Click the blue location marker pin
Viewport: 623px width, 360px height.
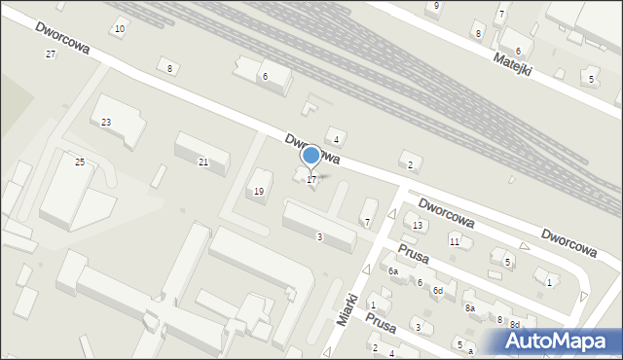311,156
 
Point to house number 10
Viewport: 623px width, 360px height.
119,29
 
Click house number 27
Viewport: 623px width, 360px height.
51,54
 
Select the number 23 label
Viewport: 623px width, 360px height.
106,122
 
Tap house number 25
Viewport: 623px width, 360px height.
80,162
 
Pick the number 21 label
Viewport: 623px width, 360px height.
203,162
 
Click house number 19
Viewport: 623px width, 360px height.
259,192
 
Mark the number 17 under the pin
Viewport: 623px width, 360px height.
311,180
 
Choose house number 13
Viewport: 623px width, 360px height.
418,226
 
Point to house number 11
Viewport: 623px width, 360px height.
455,241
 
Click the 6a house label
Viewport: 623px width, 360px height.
393,271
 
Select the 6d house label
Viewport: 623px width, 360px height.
438,291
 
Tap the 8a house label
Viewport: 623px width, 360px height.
470,307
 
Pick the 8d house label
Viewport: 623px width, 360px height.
515,324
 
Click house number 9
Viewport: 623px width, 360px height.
436,6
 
